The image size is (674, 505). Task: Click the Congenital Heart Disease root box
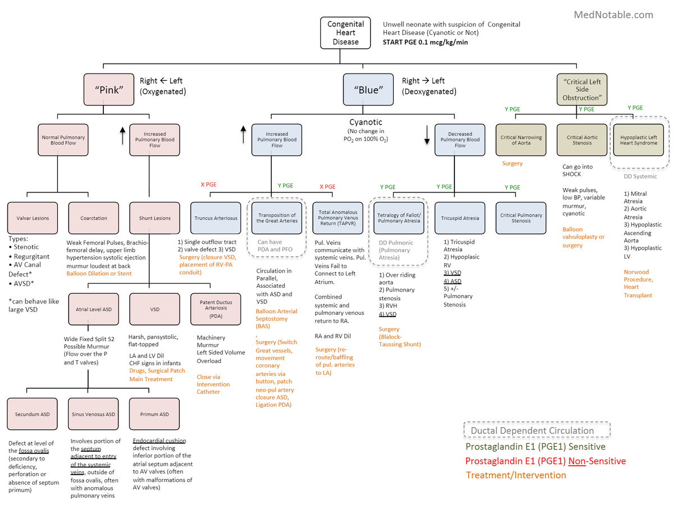(345, 33)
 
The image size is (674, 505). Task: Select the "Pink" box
(108, 90)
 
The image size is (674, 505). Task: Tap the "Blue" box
(368, 90)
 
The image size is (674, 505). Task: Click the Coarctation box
(94, 218)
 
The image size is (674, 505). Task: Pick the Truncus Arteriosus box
(216, 218)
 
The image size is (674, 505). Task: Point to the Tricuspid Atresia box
(460, 218)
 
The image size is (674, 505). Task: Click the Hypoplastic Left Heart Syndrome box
(639, 140)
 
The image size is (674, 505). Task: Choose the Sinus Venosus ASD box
(94, 414)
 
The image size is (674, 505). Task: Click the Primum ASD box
(154, 414)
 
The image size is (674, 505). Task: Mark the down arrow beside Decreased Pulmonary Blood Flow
(427, 135)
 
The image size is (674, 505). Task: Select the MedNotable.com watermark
(613, 15)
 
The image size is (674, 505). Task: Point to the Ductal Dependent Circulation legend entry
(536, 430)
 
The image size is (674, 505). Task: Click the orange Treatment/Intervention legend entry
(516, 475)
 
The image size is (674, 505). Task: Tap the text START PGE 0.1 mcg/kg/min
(425, 42)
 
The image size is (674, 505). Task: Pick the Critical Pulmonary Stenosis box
(521, 218)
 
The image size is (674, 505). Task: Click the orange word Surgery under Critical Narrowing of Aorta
(512, 164)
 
